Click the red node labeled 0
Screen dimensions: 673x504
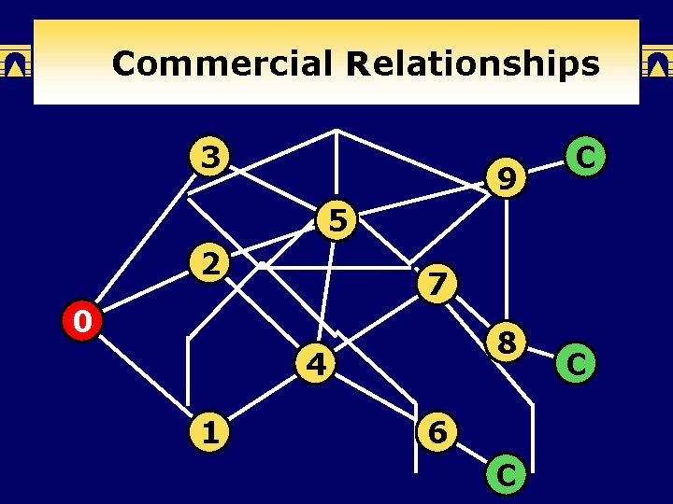[82, 323]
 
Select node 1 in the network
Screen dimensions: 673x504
[211, 433]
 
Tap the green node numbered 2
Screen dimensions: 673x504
[211, 264]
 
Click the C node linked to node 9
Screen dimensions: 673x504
[586, 157]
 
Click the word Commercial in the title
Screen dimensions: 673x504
[221, 63]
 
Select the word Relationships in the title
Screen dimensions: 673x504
[472, 63]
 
